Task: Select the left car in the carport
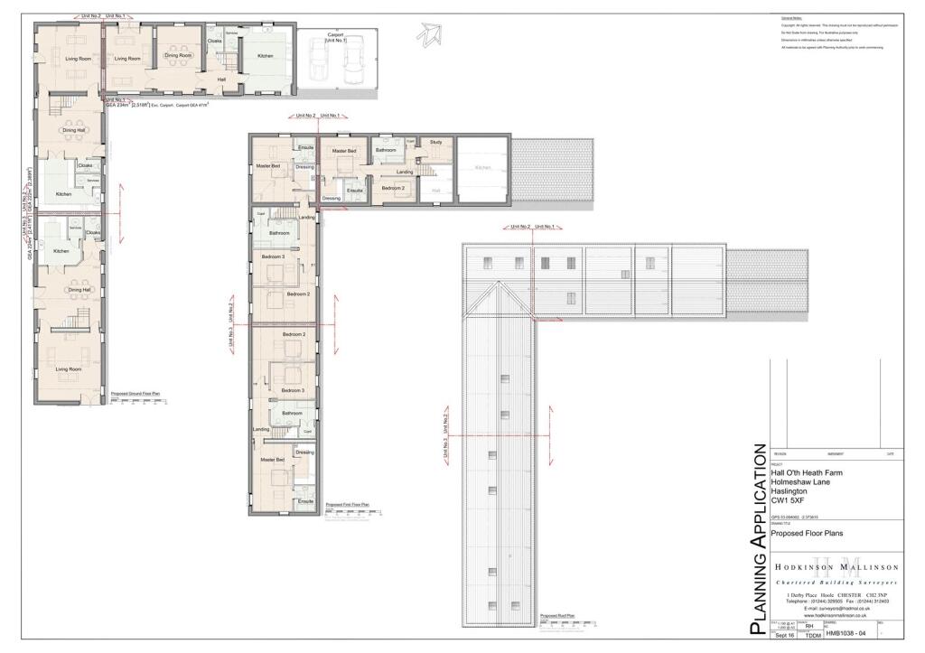pos(319,61)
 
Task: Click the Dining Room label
pos(178,56)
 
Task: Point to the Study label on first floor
pos(435,142)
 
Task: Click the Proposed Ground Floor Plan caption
pos(135,395)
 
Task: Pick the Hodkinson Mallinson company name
pos(834,567)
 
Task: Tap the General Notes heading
pos(792,18)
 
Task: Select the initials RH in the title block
pos(809,624)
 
